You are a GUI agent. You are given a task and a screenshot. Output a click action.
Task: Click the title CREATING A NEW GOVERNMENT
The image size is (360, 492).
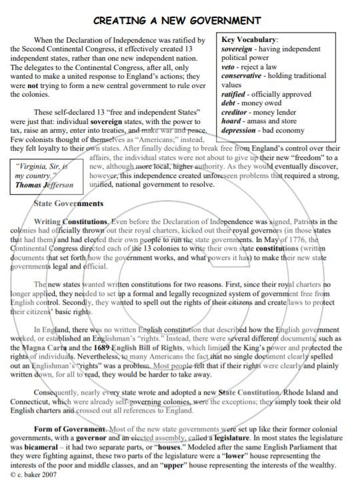click(x=177, y=21)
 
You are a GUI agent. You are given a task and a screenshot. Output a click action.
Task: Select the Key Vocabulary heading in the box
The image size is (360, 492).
click(x=249, y=39)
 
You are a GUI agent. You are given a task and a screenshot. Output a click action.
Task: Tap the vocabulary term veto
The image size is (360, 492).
click(x=228, y=67)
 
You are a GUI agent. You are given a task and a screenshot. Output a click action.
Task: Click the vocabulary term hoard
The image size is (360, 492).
click(x=231, y=121)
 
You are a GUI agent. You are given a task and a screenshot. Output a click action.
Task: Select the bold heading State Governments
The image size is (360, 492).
click(x=68, y=203)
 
